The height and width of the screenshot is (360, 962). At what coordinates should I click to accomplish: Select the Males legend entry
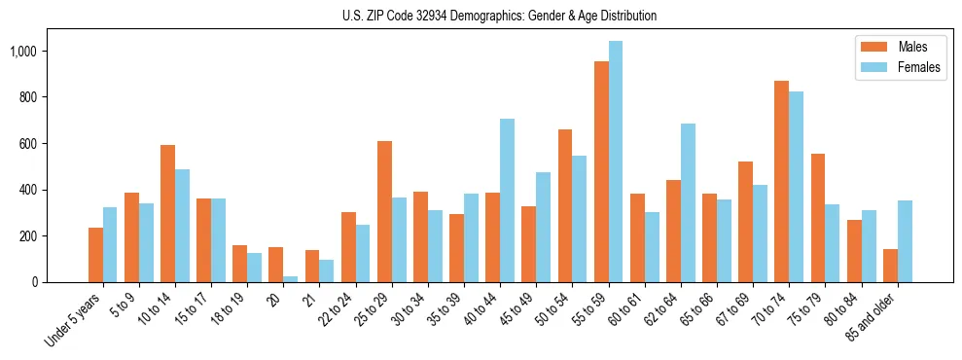[896, 47]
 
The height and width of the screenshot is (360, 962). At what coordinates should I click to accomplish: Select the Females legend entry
[896, 67]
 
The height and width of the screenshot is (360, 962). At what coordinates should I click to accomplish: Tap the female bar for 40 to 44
[507, 200]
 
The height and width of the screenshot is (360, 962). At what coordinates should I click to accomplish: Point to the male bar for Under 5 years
[95, 255]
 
